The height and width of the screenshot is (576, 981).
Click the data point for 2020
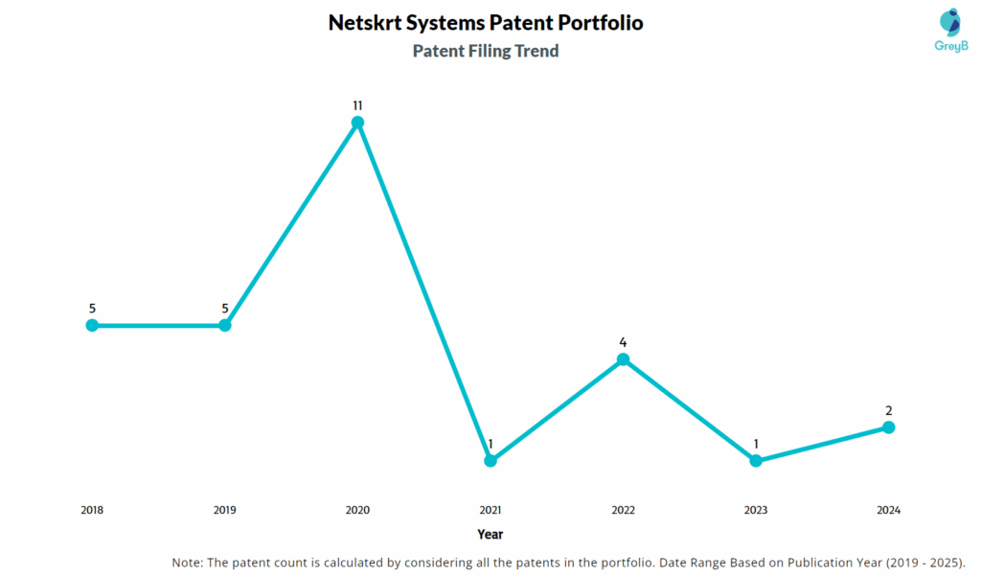click(357, 122)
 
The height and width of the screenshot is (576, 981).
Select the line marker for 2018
click(92, 325)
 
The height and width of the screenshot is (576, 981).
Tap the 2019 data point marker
click(225, 325)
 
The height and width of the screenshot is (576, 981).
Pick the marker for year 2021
click(490, 460)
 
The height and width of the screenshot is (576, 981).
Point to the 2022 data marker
click(623, 359)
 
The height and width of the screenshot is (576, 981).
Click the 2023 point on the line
click(756, 460)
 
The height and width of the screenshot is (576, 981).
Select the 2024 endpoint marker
click(888, 426)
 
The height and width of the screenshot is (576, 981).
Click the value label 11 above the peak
click(357, 104)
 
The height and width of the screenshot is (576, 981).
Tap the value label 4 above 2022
click(623, 342)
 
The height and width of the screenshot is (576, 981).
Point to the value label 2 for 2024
click(888, 410)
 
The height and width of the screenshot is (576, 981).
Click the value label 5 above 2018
click(92, 309)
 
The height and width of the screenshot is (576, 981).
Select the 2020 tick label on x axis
click(357, 511)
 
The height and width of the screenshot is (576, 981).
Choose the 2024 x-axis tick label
click(888, 511)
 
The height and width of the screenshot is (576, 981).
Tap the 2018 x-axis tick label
click(92, 511)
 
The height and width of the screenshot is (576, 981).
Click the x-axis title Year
click(490, 534)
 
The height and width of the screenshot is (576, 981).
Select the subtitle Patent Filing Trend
click(486, 52)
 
